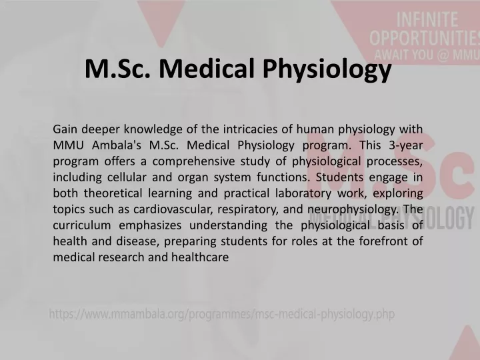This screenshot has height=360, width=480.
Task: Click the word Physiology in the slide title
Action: click(327, 69)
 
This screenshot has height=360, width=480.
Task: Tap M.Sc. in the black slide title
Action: click(118, 68)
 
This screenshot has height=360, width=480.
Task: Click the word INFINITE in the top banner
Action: click(427, 19)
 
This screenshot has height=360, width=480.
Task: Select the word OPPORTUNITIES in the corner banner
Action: click(425, 38)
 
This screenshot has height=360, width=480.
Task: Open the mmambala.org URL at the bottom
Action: click(222, 314)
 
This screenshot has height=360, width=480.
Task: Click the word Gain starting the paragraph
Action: click(65, 129)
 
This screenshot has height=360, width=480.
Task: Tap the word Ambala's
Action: click(116, 145)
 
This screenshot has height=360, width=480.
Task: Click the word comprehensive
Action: click(193, 161)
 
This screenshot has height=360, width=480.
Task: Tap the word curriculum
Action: click(82, 225)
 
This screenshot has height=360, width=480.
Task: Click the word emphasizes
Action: click(150, 225)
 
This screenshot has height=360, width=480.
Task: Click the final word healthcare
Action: click(200, 257)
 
